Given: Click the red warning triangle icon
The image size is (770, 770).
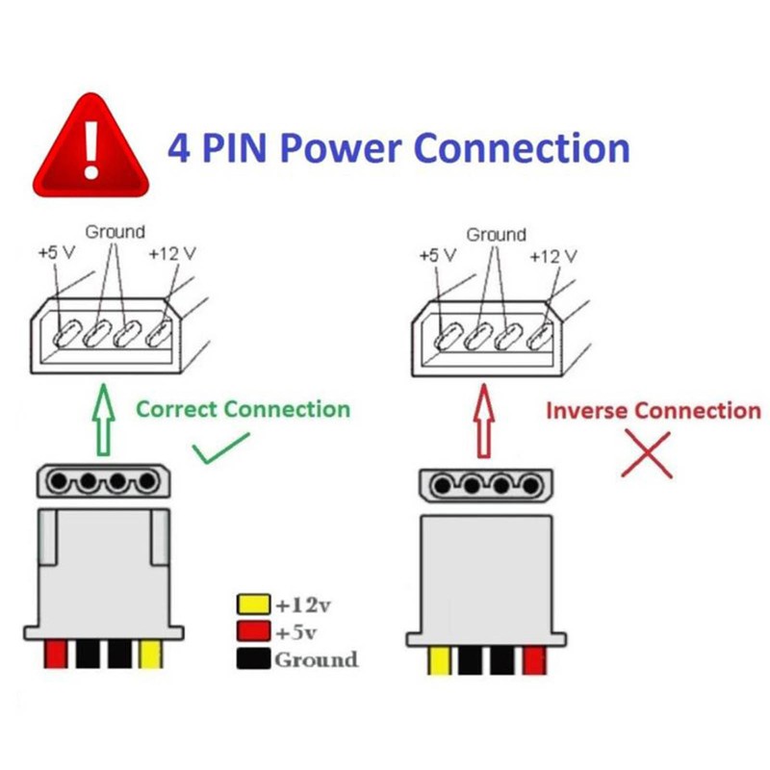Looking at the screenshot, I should [91, 146].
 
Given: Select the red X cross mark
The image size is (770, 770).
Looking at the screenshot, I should [647, 453].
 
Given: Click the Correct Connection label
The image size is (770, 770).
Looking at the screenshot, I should [243, 408].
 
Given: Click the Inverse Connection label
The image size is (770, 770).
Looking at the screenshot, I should [653, 410].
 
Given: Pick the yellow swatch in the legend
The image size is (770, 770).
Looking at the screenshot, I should [252, 605].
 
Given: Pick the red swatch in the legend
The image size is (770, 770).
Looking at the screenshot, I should [252, 632].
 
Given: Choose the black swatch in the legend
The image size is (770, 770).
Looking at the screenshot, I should [252, 659].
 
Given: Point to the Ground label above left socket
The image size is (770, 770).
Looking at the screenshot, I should [115, 232].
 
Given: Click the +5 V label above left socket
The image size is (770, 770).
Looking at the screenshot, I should [56, 254].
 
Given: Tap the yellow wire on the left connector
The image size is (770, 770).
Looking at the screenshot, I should [151, 655].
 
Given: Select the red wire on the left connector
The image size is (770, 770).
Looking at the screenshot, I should [56, 655].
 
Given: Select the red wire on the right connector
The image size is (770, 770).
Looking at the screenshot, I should [534, 660].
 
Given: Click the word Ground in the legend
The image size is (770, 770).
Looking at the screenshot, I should [316, 660].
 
